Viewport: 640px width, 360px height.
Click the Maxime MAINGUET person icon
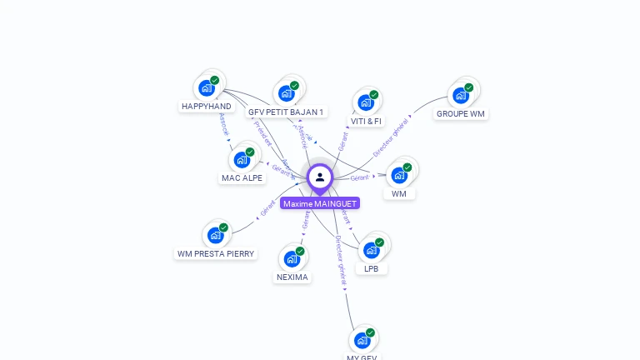(320, 177)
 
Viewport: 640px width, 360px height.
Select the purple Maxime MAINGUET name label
(320, 203)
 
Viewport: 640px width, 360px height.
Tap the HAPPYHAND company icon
(206, 87)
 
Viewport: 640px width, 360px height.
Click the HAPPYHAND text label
(207, 107)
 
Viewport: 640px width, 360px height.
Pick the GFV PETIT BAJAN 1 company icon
(286, 92)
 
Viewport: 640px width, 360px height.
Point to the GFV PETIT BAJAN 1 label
(287, 112)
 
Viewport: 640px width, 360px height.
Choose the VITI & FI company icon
(366, 102)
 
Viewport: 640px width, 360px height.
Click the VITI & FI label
(366, 121)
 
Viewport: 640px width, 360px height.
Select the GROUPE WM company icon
(460, 95)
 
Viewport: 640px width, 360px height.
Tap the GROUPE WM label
(461, 113)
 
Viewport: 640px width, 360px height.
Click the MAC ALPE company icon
(242, 159)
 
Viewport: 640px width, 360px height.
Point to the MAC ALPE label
(242, 178)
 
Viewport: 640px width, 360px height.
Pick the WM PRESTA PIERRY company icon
(216, 235)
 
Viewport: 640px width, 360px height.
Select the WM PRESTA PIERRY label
(217, 253)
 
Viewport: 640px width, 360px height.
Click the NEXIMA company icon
(292, 258)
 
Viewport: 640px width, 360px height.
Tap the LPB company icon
(371, 250)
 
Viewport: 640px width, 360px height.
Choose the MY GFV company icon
(362, 340)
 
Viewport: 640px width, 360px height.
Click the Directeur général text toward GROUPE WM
(391, 137)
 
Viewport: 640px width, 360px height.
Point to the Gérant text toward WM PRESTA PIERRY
(267, 209)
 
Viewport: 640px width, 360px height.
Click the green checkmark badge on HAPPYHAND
(215, 80)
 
